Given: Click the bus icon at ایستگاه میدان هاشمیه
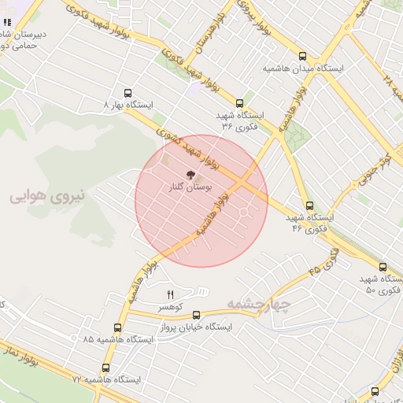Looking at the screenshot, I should tap(303, 56).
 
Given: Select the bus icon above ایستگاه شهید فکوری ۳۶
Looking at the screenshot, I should tap(240, 102).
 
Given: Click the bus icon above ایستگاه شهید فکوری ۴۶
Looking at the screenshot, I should tap(309, 206).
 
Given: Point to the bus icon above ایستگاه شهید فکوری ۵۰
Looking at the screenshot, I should tap(383, 268).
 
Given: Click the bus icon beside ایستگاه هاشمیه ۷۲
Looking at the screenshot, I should tap(106, 368).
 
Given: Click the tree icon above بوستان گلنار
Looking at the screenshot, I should tap(189, 173).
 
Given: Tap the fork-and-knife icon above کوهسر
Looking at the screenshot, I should tap(170, 294).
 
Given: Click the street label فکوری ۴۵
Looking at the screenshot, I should tap(324, 263).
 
